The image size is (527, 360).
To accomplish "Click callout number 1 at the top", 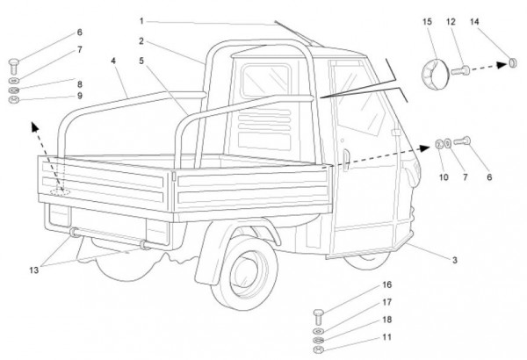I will pos(141,19).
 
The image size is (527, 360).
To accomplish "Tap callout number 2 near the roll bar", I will pos(141,40).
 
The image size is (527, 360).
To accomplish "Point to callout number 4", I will pos(113,60).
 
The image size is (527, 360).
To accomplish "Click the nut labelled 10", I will pos(438,143).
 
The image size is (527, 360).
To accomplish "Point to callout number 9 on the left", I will pos(79,96).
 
